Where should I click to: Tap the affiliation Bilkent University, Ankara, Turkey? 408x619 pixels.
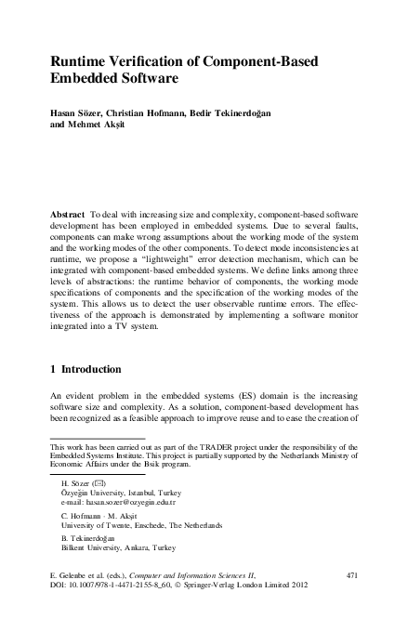click(111, 549)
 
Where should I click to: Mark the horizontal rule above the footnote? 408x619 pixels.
click(97, 438)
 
